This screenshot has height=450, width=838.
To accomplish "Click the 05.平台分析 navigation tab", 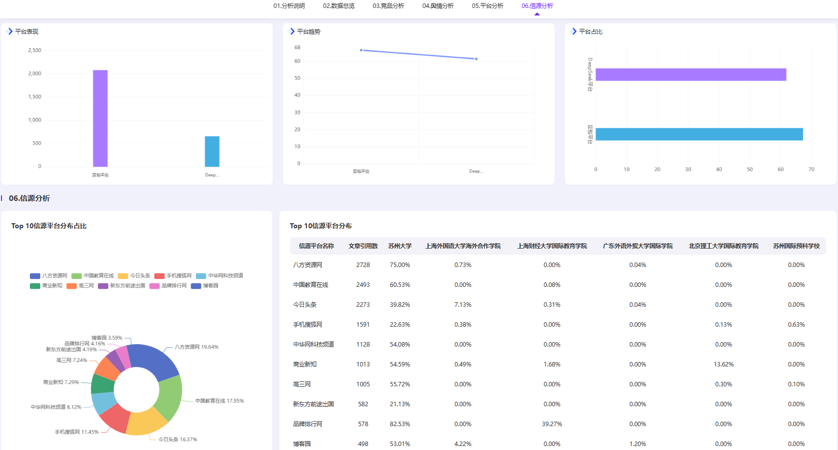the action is point(487,6).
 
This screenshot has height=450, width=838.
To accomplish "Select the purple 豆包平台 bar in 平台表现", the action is point(100,118).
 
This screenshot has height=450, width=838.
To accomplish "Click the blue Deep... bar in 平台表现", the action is point(212,152).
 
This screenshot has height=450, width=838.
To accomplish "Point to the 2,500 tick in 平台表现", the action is point(35,50).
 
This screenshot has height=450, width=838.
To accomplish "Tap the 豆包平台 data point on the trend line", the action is point(361,50).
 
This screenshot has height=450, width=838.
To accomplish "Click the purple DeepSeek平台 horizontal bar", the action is point(691,75).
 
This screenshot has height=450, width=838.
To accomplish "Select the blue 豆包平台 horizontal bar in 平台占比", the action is point(699,134).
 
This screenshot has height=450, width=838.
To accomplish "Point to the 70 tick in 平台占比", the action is point(811,170).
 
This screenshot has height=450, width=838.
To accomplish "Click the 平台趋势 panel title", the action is point(309,32).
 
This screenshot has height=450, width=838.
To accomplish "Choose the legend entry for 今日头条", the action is point(134,275).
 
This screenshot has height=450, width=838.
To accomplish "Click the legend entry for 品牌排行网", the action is point(168,286).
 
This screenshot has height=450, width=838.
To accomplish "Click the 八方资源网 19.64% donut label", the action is point(196,347).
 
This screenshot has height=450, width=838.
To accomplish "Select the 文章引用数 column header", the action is point(363,246).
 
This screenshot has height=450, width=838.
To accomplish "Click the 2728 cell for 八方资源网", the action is point(363,265).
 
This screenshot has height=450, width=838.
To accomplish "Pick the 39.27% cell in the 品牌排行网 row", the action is point(552,424).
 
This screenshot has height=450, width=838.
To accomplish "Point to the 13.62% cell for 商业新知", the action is point(723,364).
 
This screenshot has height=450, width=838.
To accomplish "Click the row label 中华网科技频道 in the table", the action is point(313,345).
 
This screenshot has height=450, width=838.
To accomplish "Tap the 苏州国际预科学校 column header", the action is point(796,246).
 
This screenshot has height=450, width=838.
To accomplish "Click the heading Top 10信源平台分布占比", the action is point(49,226).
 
